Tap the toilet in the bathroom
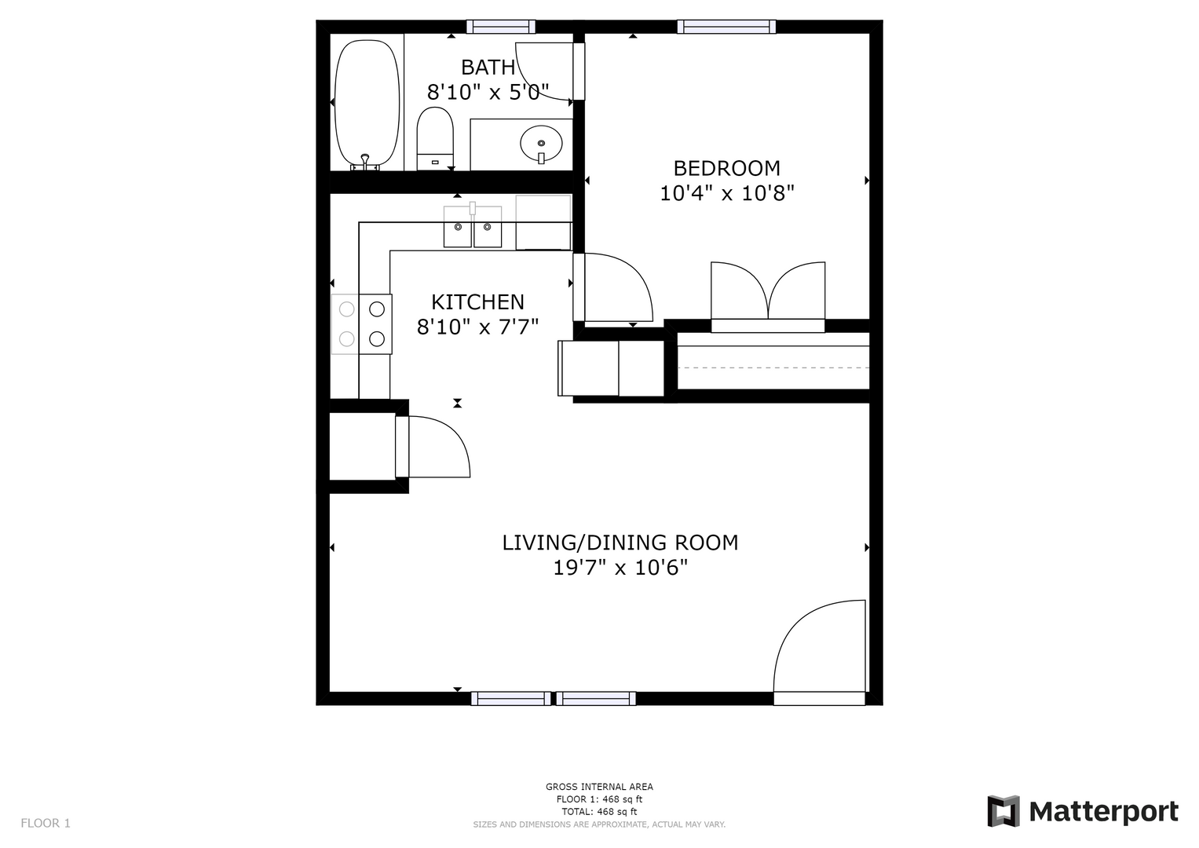coord(435,138)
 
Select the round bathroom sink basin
coord(541,144)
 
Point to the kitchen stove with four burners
coord(362,323)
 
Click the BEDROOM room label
coord(726,168)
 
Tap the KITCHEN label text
coord(477,302)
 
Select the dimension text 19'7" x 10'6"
coord(620,568)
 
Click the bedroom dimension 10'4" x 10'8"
coord(726,192)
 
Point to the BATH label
coord(488,68)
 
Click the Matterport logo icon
coord(1003,811)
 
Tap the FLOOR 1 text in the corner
coord(46,823)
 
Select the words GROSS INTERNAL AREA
coord(599,787)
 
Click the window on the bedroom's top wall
coord(726,27)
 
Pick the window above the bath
coord(500,27)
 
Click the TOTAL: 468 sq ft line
coord(599,812)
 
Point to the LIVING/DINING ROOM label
coord(620,543)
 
